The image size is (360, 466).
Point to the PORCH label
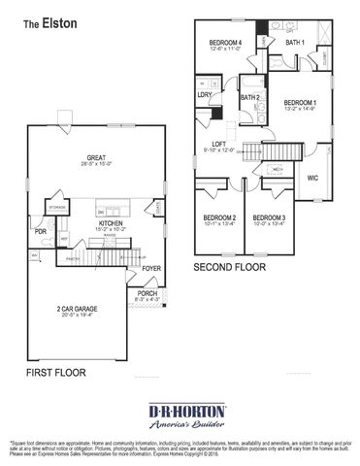(147, 292)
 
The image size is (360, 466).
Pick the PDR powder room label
(40, 233)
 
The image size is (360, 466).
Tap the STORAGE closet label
(58, 206)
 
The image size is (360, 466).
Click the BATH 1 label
(295, 43)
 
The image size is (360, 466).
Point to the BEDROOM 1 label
(301, 102)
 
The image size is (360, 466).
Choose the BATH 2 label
(249, 97)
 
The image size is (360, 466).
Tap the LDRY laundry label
(205, 95)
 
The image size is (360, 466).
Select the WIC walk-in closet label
(313, 179)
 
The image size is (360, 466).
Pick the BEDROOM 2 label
(219, 217)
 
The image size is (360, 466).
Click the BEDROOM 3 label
(269, 217)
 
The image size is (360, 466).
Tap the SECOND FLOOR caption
(231, 266)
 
